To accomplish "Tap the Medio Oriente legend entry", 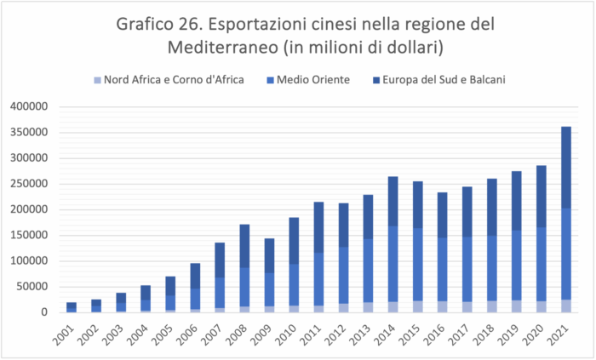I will (x=307, y=80).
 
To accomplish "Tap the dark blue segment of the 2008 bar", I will (x=245, y=246).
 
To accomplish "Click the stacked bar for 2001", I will (x=72, y=307).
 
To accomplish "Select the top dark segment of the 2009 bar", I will (x=270, y=255).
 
